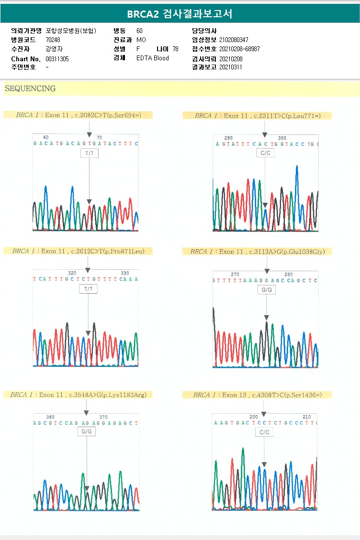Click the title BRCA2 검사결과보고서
tap(180, 14)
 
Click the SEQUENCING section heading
tap(30, 88)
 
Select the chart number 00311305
tap(57, 59)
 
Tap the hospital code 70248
tap(53, 40)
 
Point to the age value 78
tap(175, 49)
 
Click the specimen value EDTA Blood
tap(153, 58)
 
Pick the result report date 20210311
tap(231, 67)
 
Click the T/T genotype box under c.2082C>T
tap(90, 154)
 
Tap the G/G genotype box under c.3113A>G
tap(267, 290)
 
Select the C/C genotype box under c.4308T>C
tap(264, 432)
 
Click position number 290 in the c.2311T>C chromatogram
tap(228, 138)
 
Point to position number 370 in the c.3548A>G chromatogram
tap(103, 417)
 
